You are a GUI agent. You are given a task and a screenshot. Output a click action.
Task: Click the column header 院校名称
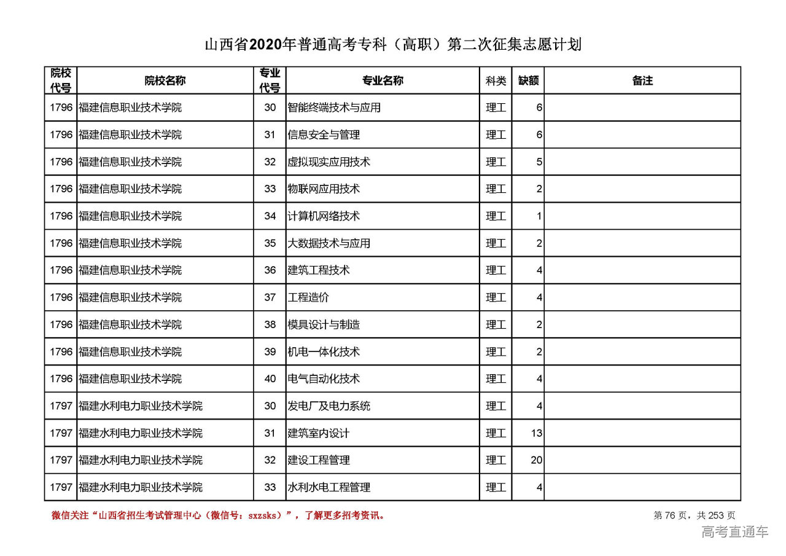coord(165,80)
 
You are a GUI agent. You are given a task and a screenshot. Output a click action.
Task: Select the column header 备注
coord(642,80)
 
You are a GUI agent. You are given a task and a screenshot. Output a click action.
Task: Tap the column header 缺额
coord(528,80)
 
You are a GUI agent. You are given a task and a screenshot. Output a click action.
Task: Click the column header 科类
coord(496,80)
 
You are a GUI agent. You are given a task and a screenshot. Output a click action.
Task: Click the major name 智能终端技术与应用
coord(334,108)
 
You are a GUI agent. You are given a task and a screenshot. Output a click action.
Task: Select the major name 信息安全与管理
coord(324,135)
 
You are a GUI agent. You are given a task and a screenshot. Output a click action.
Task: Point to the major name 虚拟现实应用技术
coord(329,162)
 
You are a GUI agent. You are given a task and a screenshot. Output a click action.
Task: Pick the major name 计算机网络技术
coord(324,216)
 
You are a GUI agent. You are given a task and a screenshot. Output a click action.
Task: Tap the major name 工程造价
coord(308,297)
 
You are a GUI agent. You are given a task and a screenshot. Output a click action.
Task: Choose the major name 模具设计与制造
coord(324,324)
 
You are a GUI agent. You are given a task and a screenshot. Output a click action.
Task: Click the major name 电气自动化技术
coord(324,379)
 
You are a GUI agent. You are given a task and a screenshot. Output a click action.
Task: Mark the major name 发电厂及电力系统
coord(329,406)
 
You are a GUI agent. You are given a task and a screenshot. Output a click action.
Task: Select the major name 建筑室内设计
coord(318,433)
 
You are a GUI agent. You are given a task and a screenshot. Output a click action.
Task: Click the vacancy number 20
coord(537,460)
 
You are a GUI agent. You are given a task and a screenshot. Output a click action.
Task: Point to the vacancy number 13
coord(537,433)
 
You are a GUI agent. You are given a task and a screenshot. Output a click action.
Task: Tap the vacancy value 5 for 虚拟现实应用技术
coord(539,162)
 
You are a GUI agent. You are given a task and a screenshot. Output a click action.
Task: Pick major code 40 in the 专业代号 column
coord(270,379)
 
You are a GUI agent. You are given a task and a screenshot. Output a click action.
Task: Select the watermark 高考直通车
coord(734,532)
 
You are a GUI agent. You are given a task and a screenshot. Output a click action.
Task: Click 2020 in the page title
coord(265,45)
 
